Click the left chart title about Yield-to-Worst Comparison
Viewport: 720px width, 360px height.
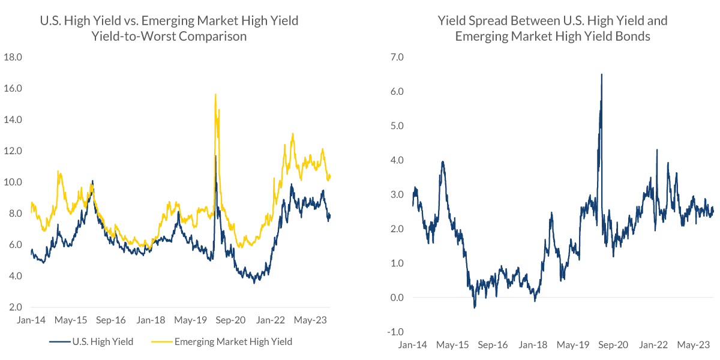point(169,28)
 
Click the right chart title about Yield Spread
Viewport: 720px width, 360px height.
point(553,28)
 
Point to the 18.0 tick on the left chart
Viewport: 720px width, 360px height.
point(13,58)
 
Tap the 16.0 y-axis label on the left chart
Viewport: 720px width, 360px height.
point(13,89)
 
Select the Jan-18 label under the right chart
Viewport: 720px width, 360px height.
point(533,346)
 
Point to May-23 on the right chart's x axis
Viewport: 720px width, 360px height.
point(694,346)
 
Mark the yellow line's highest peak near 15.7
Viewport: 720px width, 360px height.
point(215,94)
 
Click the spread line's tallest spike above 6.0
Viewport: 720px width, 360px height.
point(602,74)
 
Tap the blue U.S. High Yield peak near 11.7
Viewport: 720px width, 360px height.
point(215,157)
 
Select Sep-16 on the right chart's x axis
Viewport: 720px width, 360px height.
point(493,346)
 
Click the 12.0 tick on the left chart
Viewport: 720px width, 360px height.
point(13,151)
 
